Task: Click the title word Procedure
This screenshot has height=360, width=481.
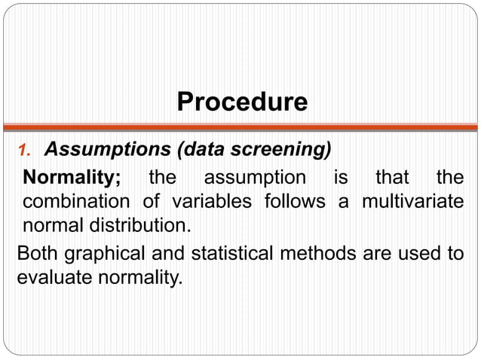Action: click(241, 102)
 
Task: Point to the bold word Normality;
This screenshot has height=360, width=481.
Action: click(72, 178)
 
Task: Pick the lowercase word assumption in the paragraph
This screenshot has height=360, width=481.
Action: click(255, 178)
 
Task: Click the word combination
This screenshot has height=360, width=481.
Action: click(75, 202)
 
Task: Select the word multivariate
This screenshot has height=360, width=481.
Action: click(412, 202)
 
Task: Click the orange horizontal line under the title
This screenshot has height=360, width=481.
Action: click(240, 127)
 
